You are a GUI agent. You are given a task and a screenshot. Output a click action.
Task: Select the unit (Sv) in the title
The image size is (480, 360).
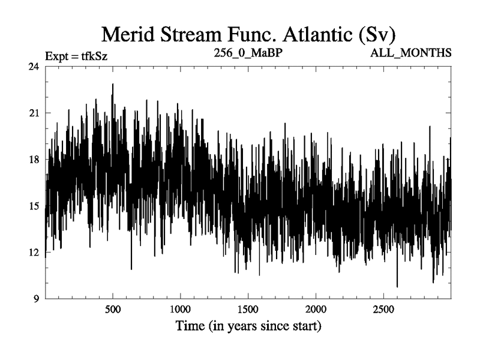[377, 34]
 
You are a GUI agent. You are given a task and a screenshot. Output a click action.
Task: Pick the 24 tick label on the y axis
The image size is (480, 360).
[34, 67]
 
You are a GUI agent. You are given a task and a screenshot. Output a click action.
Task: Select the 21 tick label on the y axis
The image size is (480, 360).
[34, 113]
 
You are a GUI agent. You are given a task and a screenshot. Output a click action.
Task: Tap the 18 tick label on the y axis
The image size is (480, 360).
[34, 160]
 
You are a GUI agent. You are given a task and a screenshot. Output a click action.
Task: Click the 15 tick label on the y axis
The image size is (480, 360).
[34, 206]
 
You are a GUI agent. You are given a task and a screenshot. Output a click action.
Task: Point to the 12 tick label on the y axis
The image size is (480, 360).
[34, 252]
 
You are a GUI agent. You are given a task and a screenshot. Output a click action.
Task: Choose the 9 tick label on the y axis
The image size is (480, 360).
[36, 299]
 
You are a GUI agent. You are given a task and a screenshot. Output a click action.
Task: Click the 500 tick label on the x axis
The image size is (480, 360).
[113, 310]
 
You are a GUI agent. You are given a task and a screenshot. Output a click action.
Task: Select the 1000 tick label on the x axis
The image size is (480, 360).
[180, 310]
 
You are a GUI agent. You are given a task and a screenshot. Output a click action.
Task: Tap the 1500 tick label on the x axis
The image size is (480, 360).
[248, 310]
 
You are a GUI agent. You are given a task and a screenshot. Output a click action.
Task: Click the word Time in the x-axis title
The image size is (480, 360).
[190, 326]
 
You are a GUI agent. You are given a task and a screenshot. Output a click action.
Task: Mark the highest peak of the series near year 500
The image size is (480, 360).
[113, 84]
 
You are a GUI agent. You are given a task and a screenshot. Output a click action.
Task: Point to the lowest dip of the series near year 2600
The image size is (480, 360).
[397, 287]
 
